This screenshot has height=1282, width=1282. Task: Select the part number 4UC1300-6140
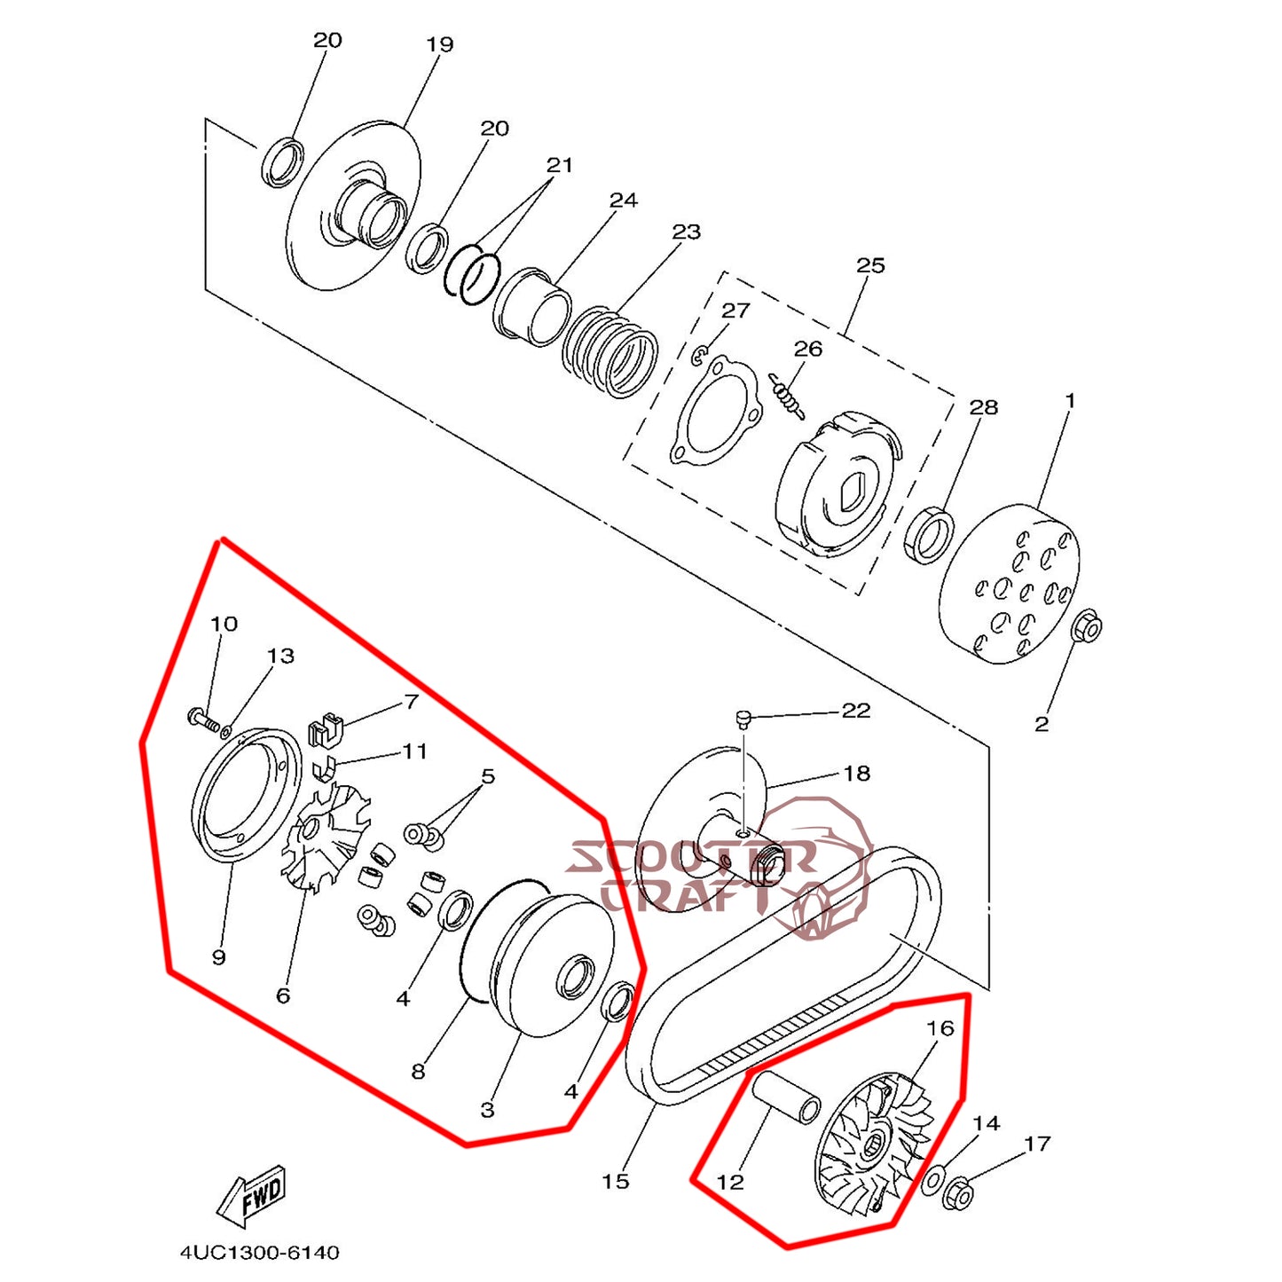click(x=259, y=1253)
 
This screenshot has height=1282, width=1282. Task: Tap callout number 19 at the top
click(x=439, y=44)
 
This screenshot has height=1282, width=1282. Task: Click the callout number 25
click(x=870, y=265)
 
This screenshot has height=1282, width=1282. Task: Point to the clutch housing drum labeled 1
click(x=1010, y=584)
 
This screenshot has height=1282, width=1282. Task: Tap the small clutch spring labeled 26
click(x=787, y=397)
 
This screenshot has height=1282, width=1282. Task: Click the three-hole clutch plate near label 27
click(x=715, y=410)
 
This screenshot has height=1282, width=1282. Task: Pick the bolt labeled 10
click(x=203, y=719)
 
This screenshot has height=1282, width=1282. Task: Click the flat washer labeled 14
click(x=932, y=1182)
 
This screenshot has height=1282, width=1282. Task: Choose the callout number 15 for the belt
click(x=615, y=1182)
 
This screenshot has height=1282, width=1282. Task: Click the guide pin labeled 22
click(x=745, y=718)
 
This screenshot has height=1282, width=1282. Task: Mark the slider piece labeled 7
click(x=325, y=730)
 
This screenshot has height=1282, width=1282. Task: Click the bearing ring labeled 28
click(x=929, y=536)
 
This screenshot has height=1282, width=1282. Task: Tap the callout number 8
click(x=418, y=1072)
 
